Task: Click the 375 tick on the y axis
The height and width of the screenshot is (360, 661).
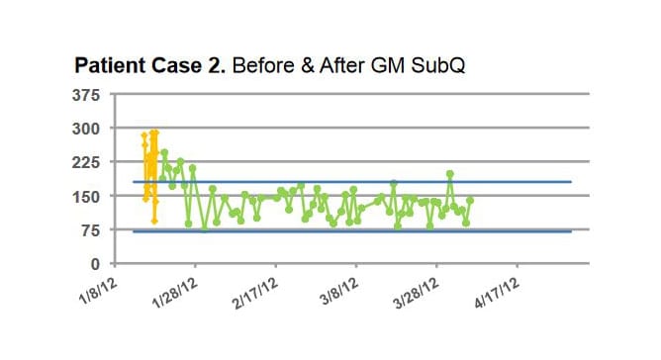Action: (87, 95)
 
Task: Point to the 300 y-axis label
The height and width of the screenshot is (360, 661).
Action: (87, 129)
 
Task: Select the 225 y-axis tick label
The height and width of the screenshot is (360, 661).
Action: (87, 162)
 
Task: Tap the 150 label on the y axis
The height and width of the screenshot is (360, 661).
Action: (87, 197)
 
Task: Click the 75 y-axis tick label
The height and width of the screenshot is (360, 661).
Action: (90, 230)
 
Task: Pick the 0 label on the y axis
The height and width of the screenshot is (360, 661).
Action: (96, 264)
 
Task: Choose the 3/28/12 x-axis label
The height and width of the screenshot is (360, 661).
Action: (415, 291)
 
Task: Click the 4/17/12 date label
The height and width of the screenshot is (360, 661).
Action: (496, 291)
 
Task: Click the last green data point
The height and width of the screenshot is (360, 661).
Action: (470, 200)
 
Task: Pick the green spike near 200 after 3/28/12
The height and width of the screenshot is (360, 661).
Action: (450, 174)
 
